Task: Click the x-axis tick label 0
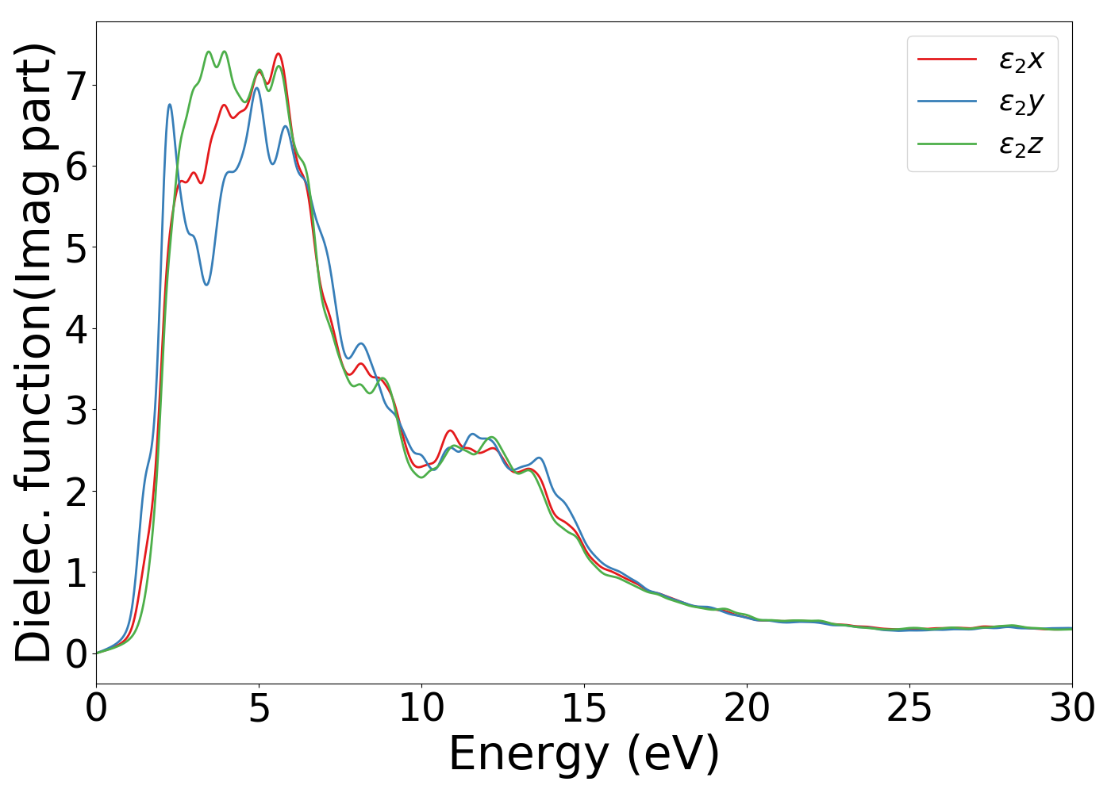[x=96, y=708]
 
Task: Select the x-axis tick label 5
[x=259, y=708]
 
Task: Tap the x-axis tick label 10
[x=421, y=708]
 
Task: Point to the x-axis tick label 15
[x=584, y=708]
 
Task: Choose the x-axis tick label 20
[x=747, y=708]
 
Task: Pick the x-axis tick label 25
[x=909, y=708]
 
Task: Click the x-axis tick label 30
[x=1072, y=708]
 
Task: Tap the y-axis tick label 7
[x=75, y=86]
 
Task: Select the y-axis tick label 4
[x=75, y=329]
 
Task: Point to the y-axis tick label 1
[x=75, y=573]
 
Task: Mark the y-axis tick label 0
[x=75, y=654]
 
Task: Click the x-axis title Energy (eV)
[x=584, y=753]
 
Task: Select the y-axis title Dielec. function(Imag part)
[x=33, y=353]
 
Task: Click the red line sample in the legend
[x=947, y=59]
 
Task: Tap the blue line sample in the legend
[x=947, y=102]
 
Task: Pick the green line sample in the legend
[x=947, y=144]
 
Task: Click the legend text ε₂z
[x=1021, y=145]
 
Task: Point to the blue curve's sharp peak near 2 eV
[x=170, y=105]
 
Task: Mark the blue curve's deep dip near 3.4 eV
[x=206, y=285]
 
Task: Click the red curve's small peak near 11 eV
[x=450, y=431]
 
